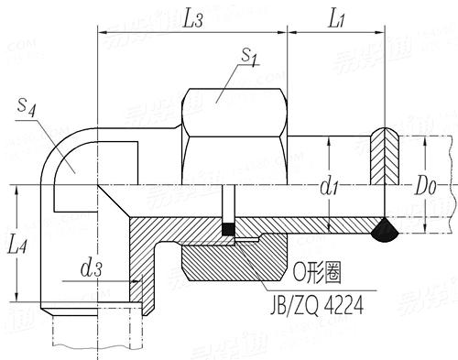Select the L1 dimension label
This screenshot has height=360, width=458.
pyautogui.click(x=333, y=17)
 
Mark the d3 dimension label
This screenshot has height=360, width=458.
pyautogui.click(x=91, y=269)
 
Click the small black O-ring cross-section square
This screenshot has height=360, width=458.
pyautogui.click(x=227, y=229)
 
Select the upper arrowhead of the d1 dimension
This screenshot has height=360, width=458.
pyautogui.click(x=328, y=140)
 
